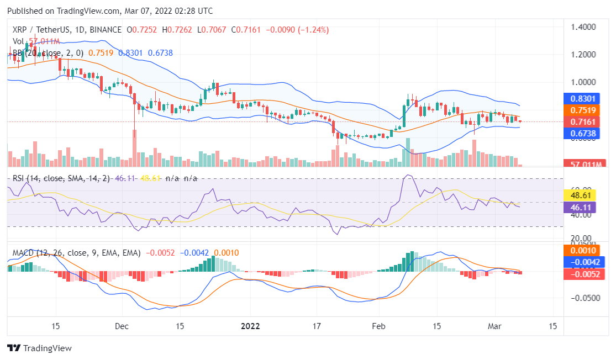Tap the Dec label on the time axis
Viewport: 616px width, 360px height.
coord(122,326)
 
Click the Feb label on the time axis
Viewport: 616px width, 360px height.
coord(378,326)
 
